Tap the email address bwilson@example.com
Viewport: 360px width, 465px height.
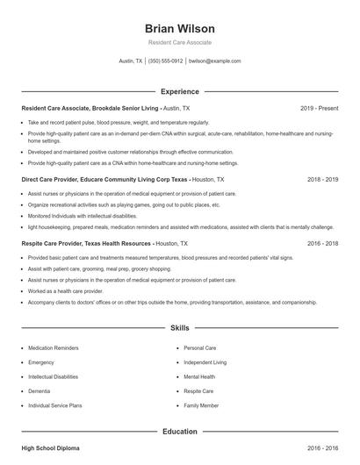point(214,61)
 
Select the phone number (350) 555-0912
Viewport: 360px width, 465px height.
point(165,61)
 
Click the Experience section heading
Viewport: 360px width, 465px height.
point(179,91)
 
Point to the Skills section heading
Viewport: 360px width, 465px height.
point(179,327)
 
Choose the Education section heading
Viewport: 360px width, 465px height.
point(179,432)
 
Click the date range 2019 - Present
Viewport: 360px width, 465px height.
point(319,108)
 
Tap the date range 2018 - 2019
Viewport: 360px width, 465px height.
point(322,179)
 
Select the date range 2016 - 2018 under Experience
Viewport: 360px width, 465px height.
point(322,243)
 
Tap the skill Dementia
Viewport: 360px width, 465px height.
point(40,390)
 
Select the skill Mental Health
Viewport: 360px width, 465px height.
point(199,376)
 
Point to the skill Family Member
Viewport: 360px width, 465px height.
point(201,404)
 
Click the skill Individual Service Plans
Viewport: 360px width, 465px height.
point(54,404)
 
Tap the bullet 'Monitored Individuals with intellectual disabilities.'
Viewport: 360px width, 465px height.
point(83,215)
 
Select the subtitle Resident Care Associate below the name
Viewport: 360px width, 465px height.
point(179,42)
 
